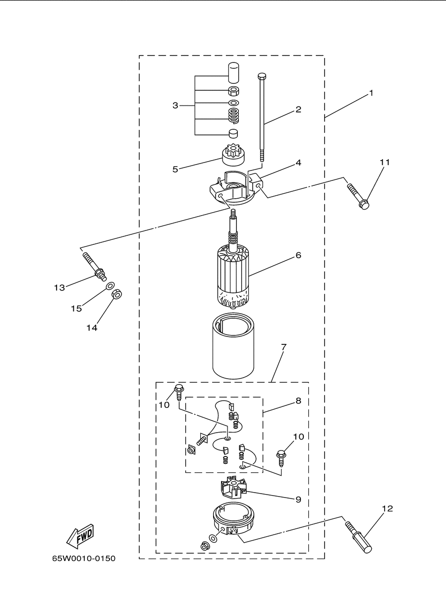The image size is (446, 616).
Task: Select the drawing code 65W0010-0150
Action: click(84, 559)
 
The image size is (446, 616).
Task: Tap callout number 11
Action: click(385, 162)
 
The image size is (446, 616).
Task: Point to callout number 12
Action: click(387, 509)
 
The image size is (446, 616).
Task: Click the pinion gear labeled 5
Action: click(233, 156)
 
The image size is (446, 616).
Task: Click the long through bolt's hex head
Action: click(262, 75)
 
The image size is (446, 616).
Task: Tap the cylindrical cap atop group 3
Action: click(233, 72)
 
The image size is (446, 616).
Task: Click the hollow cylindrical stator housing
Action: click(233, 346)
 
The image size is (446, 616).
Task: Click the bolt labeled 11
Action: click(358, 196)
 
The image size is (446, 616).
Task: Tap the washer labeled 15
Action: click(111, 286)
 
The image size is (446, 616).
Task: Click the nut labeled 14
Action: click(117, 294)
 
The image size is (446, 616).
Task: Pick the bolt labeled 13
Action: click(94, 267)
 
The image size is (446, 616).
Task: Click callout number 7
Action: click(284, 346)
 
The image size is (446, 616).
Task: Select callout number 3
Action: click(175, 106)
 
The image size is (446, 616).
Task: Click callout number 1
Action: click(371, 93)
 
